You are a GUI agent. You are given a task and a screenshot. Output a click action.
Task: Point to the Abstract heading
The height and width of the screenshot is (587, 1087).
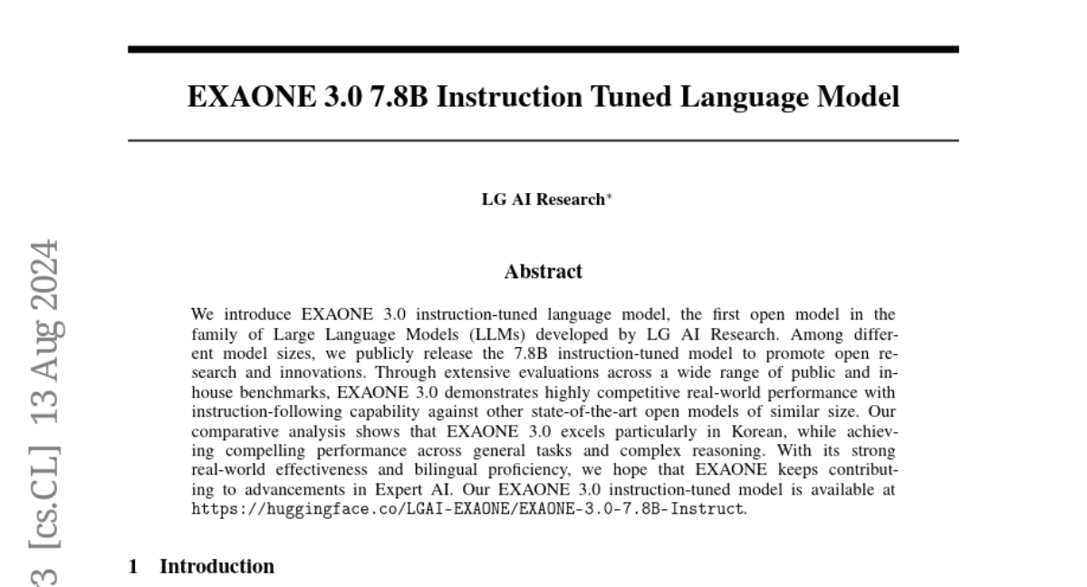click(x=543, y=271)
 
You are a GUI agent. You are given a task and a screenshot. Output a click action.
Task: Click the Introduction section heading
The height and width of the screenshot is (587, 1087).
click(x=216, y=567)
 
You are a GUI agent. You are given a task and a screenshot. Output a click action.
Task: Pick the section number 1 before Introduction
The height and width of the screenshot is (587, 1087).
click(x=133, y=567)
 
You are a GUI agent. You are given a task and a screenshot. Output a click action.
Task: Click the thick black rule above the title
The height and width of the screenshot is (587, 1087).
click(x=543, y=49)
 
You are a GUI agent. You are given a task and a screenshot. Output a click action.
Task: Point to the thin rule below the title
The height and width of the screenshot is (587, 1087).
click(x=543, y=140)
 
